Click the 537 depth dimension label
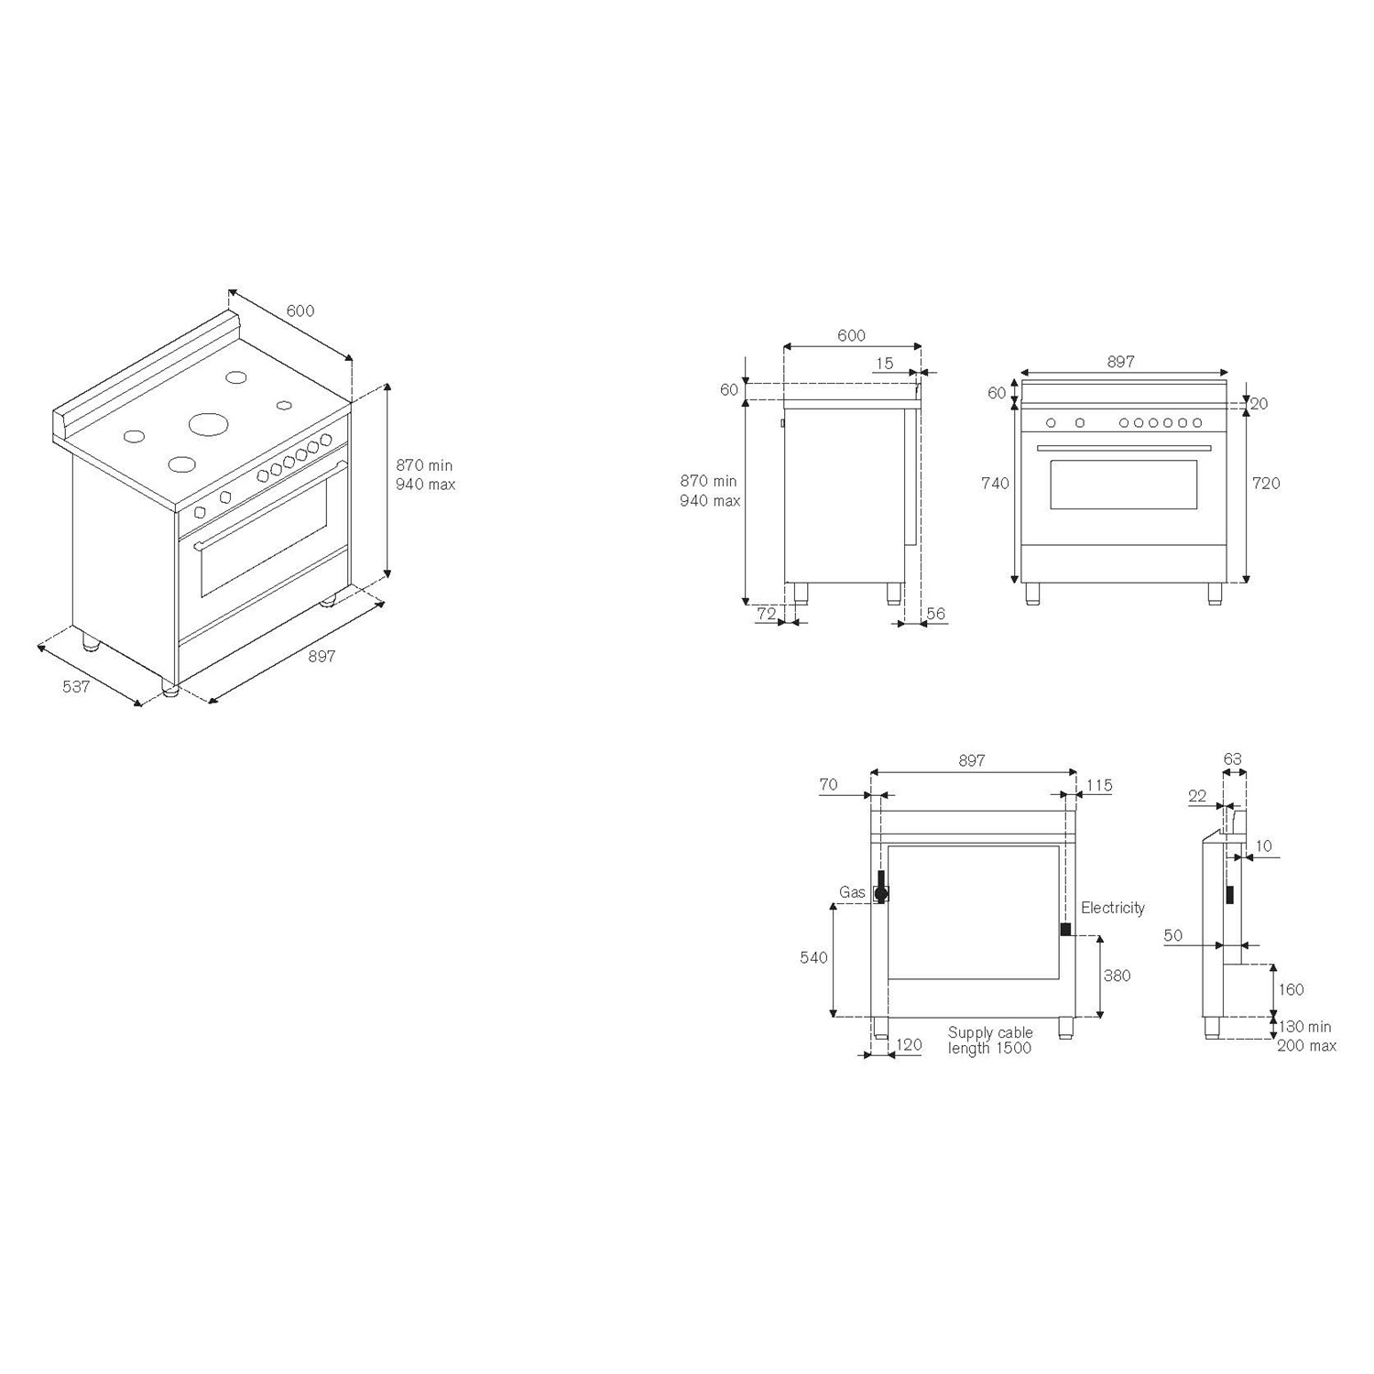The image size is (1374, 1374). [x=76, y=685]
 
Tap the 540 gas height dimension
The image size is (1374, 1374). [x=813, y=957]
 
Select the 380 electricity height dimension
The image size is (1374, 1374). [x=1117, y=976]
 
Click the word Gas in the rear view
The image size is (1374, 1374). [x=852, y=892]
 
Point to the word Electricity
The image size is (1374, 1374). [x=1113, y=908]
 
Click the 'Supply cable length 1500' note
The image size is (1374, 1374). [x=990, y=1041]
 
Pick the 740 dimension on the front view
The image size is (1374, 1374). [x=995, y=483]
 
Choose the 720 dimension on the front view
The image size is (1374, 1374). [x=1266, y=483]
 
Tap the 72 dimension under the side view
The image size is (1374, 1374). [x=767, y=614]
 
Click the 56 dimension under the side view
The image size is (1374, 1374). [x=935, y=614]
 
